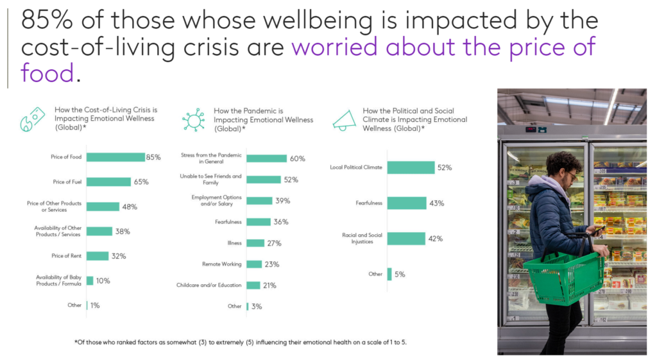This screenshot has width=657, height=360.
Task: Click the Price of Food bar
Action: click(x=115, y=157)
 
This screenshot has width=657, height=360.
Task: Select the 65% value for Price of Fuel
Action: click(x=141, y=182)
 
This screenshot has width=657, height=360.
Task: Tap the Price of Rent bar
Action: click(x=98, y=256)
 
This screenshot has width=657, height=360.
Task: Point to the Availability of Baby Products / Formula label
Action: click(x=58, y=280)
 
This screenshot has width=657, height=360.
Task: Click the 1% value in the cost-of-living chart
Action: click(x=95, y=305)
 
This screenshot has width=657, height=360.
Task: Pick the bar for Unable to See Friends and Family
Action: click(x=263, y=180)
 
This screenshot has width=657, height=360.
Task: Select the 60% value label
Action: click(x=297, y=159)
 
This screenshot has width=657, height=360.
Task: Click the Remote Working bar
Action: click(x=254, y=264)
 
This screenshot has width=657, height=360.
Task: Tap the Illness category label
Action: click(x=234, y=243)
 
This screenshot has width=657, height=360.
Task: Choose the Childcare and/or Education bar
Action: click(x=253, y=285)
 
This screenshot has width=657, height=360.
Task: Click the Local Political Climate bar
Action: click(x=411, y=167)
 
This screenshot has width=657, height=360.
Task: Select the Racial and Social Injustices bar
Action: click(x=406, y=239)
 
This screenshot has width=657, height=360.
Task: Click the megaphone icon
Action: click(x=345, y=119)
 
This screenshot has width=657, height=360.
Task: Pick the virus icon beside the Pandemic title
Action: click(x=193, y=120)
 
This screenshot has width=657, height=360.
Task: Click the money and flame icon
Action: click(x=33, y=119)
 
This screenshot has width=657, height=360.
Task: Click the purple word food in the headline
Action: click(x=48, y=73)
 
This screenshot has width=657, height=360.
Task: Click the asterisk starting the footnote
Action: click(x=76, y=342)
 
